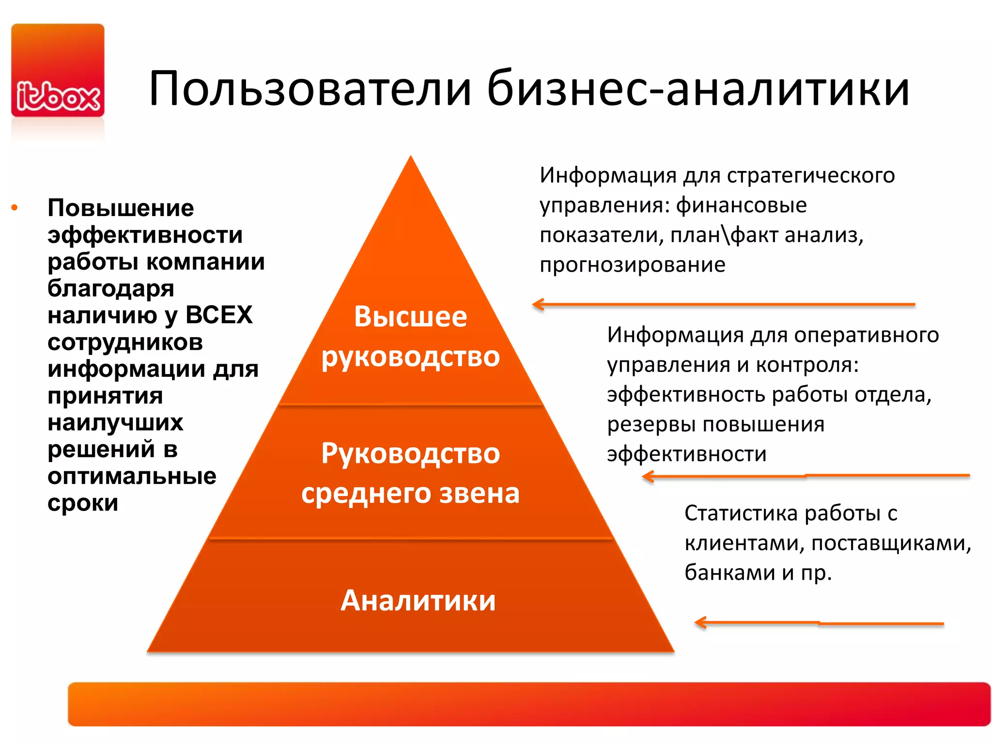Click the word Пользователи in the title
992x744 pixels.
pyautogui.click(x=310, y=89)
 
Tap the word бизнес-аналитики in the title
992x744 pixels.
pyautogui.click(x=697, y=89)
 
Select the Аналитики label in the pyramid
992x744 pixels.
pyautogui.click(x=418, y=601)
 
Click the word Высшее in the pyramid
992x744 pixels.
pyautogui.click(x=410, y=317)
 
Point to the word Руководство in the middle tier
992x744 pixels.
pyautogui.click(x=410, y=454)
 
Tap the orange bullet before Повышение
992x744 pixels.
pyautogui.click(x=15, y=208)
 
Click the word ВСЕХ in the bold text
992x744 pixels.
pyautogui.click(x=219, y=315)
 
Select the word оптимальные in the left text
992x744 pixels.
pyautogui.click(x=132, y=477)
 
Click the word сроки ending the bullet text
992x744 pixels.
pyautogui.click(x=83, y=503)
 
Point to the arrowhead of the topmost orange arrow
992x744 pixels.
pyautogui.click(x=537, y=304)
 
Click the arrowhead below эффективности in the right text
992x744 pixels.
pyautogui.click(x=647, y=477)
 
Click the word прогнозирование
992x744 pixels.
pyautogui.click(x=633, y=265)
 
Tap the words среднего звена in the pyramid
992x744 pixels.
pyautogui.click(x=410, y=494)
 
